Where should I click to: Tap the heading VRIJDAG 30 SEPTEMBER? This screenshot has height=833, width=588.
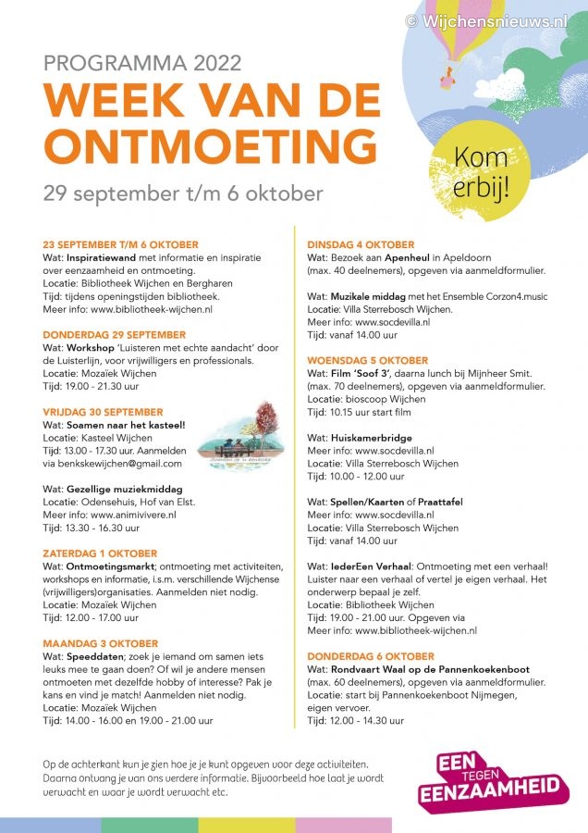tap(103, 412)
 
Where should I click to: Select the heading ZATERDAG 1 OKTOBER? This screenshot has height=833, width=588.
tap(100, 553)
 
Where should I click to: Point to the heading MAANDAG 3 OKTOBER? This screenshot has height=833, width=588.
tap(100, 643)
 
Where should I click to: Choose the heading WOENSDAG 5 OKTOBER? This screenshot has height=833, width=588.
tap(367, 360)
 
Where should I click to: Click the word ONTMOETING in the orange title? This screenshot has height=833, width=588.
tap(203, 145)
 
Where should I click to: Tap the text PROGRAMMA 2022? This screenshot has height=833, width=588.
tap(142, 63)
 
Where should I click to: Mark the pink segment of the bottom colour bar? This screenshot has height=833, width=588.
tap(343, 825)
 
